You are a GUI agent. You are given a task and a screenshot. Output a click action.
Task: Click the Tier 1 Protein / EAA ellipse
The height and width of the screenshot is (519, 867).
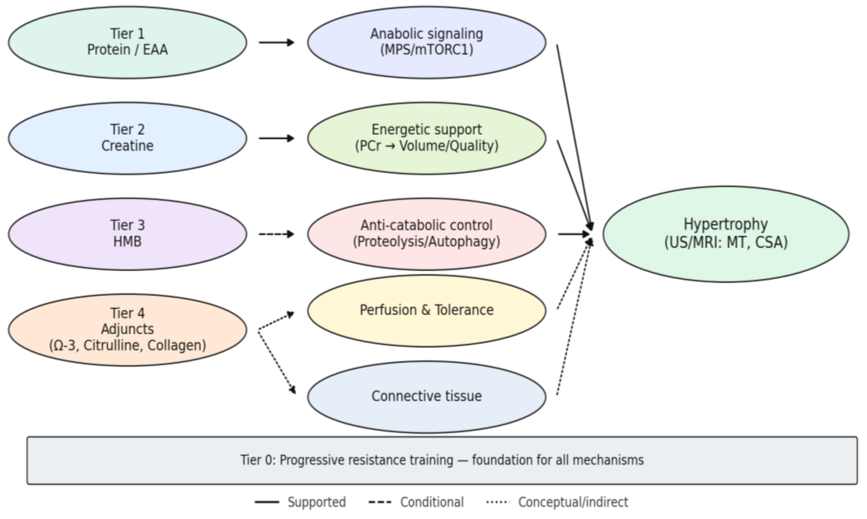[127, 42]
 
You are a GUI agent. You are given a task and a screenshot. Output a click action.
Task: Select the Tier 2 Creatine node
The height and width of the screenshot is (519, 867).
[127, 138]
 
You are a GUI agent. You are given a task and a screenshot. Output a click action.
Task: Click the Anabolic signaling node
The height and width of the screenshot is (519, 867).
[426, 42]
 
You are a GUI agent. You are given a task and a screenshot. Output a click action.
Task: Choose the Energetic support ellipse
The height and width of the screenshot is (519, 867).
[426, 138]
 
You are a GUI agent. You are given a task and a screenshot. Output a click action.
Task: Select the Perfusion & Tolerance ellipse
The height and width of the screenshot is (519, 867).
[426, 310]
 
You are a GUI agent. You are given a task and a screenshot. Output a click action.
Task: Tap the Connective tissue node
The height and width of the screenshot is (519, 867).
[426, 396]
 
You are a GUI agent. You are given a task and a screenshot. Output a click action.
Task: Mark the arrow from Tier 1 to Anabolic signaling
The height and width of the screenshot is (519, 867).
[276, 42]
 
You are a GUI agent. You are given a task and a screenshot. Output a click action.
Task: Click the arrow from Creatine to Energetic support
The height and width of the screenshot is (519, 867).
[276, 138]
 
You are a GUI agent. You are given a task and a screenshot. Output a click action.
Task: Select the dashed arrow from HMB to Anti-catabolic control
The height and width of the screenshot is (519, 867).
[276, 234]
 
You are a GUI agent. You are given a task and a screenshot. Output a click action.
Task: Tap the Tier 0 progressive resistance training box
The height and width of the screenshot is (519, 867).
[442, 460]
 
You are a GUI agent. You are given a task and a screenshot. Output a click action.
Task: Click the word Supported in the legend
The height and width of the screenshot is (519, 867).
[316, 502]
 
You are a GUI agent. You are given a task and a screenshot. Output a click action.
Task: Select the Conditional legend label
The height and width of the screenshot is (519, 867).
[432, 502]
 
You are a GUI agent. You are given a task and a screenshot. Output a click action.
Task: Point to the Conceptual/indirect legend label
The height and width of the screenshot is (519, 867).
[573, 502]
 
